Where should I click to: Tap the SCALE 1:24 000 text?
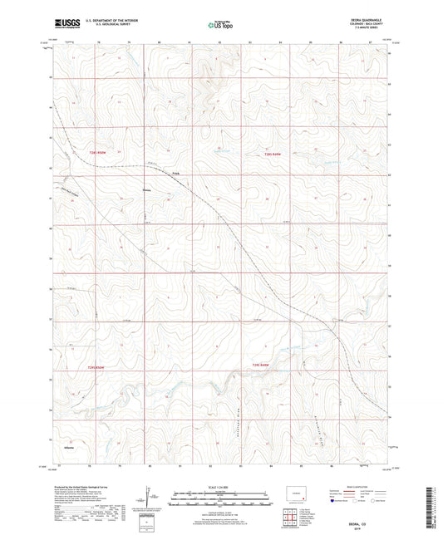tap(220, 485)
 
